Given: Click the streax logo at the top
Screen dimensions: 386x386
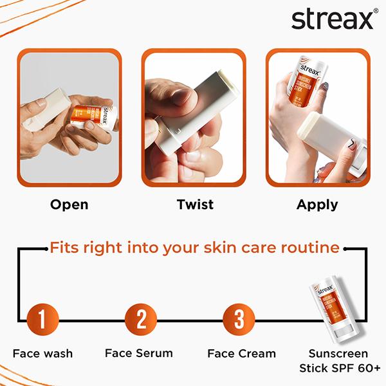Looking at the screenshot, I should coord(332,19).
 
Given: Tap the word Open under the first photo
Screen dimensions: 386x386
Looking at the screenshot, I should coord(69,205).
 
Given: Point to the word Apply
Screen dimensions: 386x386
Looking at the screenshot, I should coord(317,205).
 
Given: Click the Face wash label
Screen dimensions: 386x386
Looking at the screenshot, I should coord(42,354).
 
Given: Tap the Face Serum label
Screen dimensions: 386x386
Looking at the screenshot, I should coord(139,353).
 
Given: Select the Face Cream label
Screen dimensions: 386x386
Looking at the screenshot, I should coord(241,353).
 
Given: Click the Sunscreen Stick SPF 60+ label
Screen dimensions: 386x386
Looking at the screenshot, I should coord(339,361).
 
